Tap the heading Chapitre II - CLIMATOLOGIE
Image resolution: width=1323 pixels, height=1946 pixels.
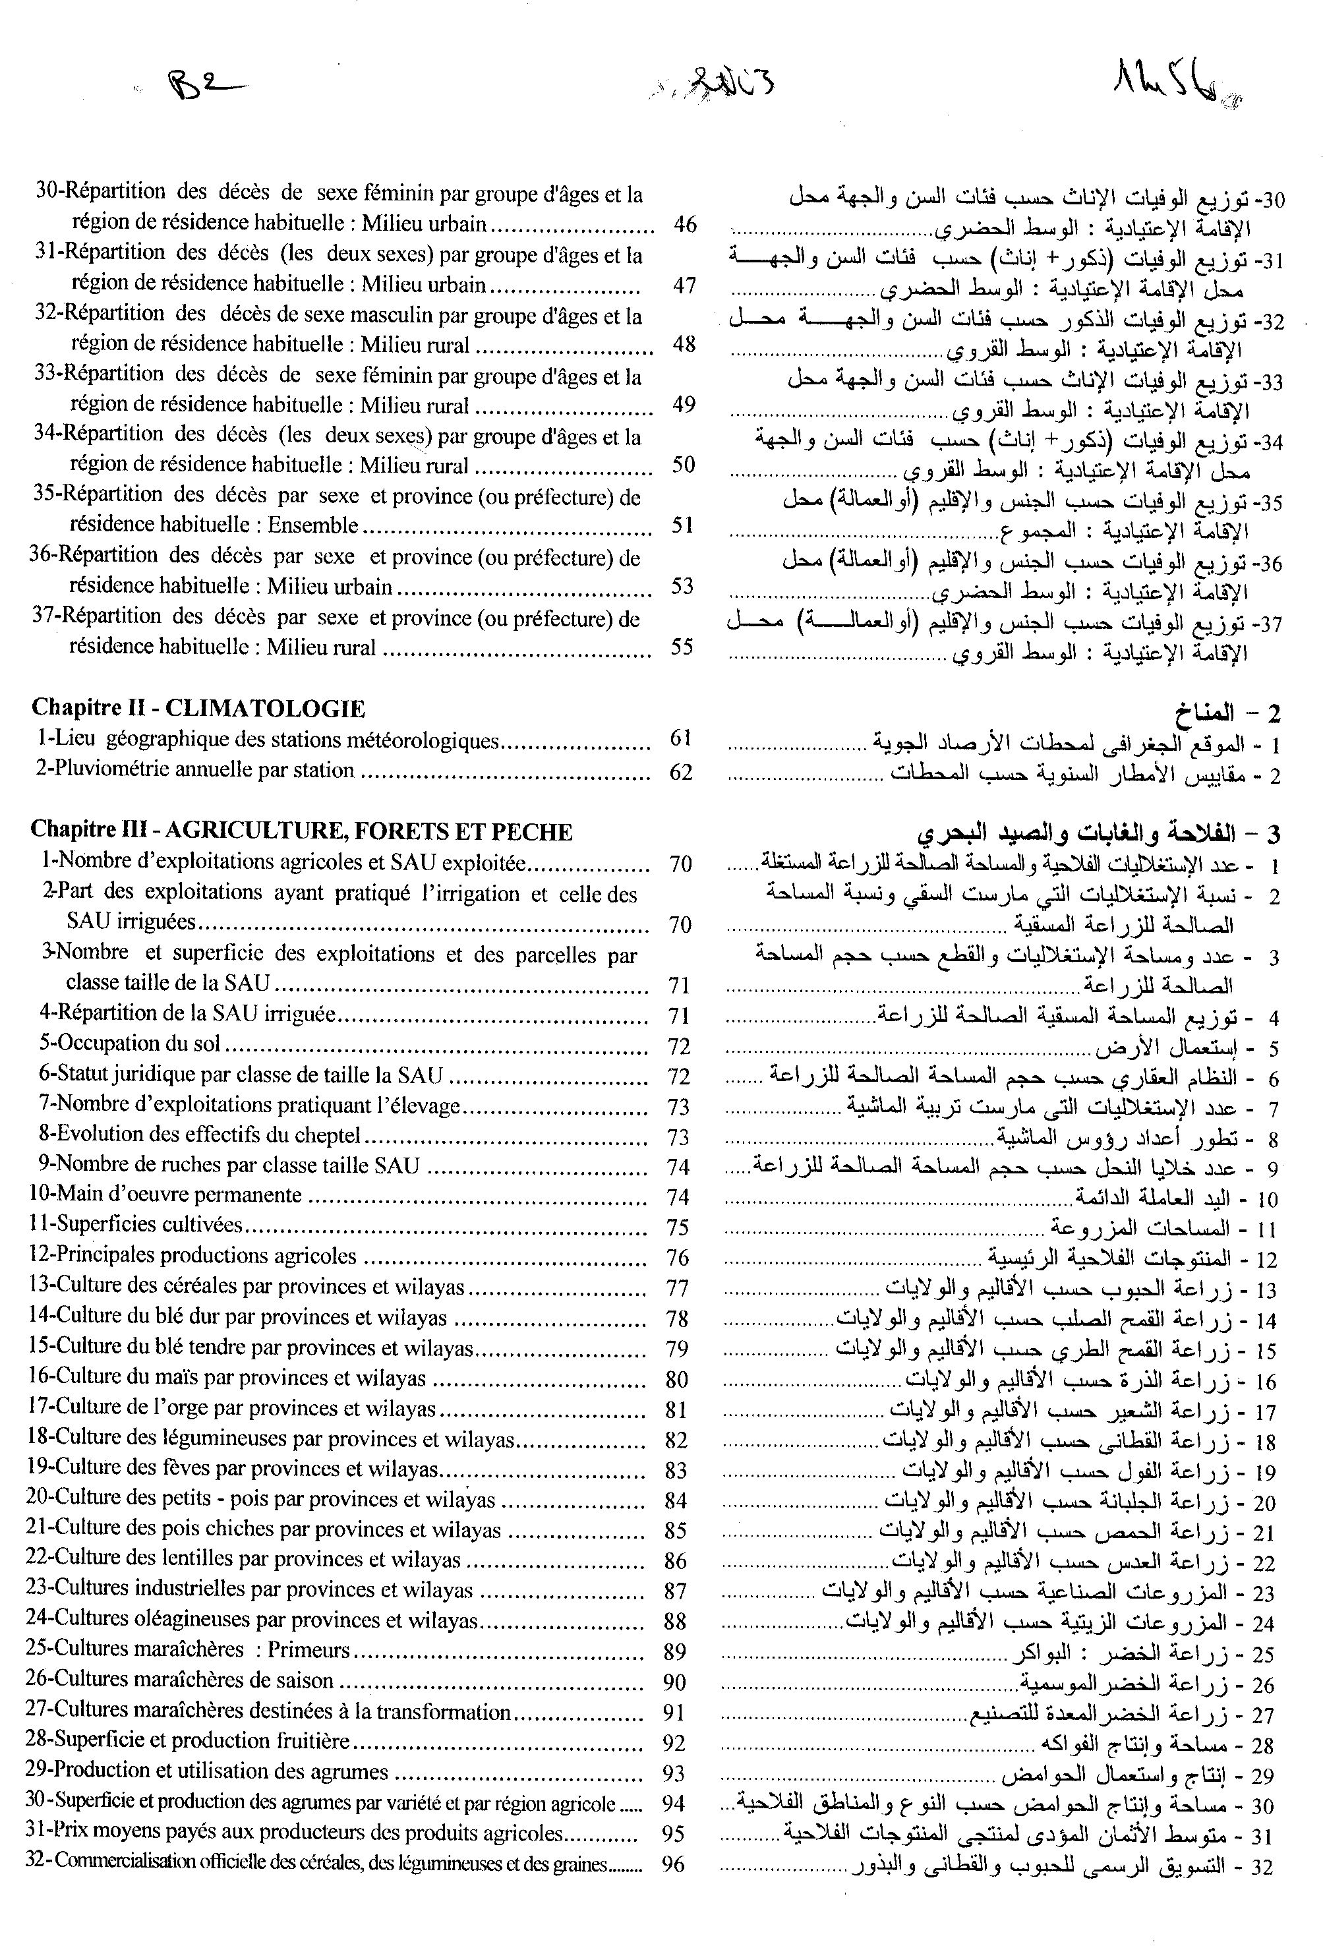point(198,709)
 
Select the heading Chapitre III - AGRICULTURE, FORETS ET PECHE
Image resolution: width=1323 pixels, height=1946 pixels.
point(301,831)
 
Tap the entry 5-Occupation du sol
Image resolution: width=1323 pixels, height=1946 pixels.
point(130,1044)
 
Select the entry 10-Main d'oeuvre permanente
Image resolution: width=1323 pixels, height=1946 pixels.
point(164,1195)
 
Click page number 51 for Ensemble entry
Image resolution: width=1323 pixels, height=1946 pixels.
point(682,525)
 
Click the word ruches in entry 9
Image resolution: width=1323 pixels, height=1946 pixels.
point(167,1165)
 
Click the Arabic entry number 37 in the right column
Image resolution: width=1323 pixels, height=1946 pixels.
point(1270,624)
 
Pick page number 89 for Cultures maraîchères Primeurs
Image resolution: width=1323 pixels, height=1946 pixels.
point(674,1651)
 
